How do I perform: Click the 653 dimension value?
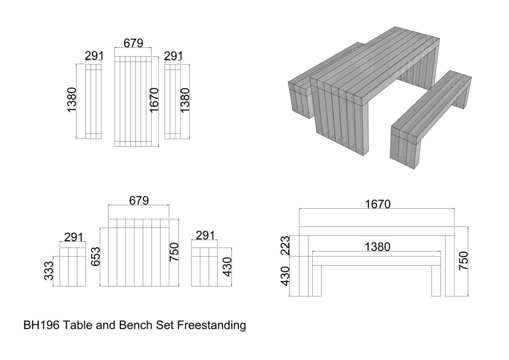[x=95, y=256]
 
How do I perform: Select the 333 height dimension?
[x=49, y=271]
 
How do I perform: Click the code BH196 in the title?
[x=42, y=326]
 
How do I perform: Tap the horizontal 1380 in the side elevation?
[x=377, y=246]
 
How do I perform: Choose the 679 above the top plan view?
[x=133, y=43]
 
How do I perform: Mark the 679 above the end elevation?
[x=139, y=200]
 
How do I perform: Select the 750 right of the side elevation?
[x=463, y=261]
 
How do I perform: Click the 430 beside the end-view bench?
[x=227, y=267]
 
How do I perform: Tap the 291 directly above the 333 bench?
[x=74, y=237]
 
